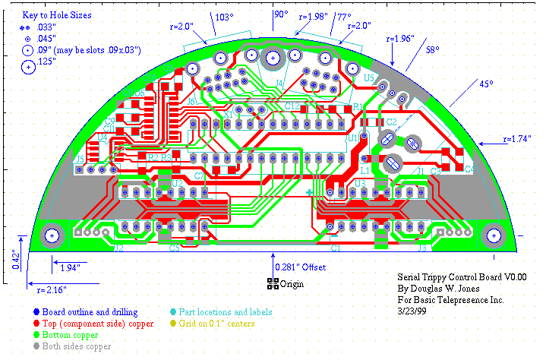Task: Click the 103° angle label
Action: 223,17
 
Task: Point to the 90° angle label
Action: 281,14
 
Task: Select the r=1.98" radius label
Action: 314,15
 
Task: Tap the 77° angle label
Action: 344,17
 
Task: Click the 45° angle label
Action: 484,84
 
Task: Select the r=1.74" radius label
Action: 519,140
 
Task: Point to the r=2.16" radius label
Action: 47,289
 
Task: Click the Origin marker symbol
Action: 273,284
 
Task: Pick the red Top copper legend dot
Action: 37,323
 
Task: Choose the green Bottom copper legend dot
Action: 37,334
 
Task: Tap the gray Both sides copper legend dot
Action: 37,346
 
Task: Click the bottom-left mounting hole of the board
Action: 52,235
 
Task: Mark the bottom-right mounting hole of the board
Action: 495,235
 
